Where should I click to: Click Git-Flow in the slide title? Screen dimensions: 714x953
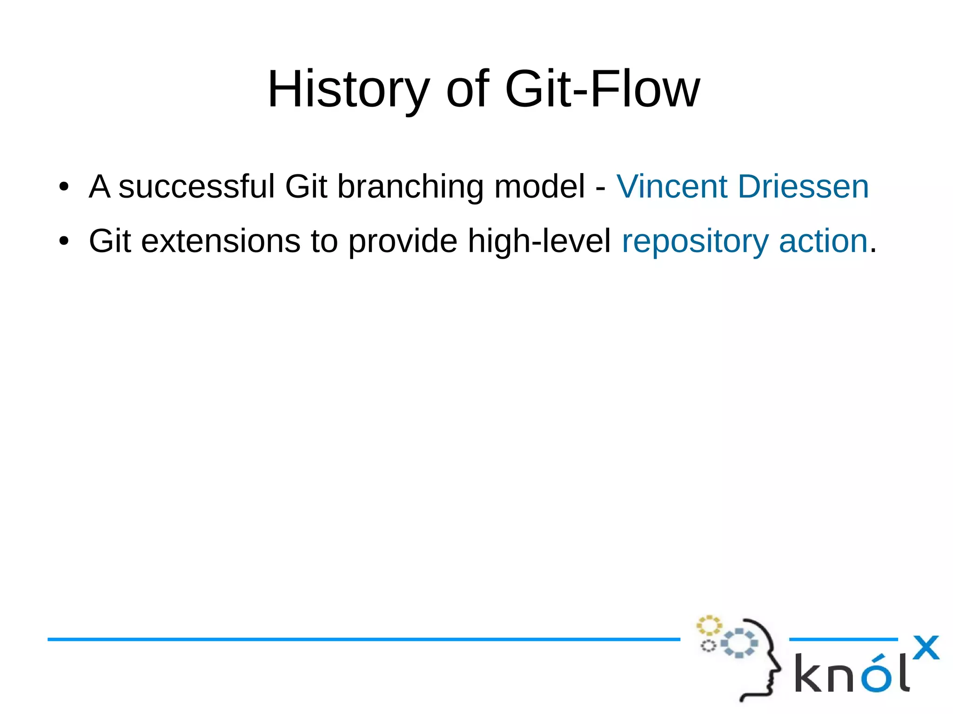click(602, 89)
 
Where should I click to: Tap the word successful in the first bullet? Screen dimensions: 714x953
click(196, 187)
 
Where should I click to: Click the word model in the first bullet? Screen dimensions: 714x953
click(539, 187)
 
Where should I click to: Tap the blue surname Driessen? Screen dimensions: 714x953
click(803, 187)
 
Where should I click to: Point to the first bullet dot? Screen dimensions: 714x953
click(64, 187)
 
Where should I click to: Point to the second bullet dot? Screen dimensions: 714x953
click(64, 241)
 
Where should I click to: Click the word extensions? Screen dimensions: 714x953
click(221, 241)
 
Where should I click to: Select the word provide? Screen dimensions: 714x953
click(403, 241)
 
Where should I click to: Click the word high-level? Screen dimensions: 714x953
click(539, 241)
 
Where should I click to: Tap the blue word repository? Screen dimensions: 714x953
click(695, 241)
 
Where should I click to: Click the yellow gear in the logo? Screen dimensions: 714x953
click(709, 625)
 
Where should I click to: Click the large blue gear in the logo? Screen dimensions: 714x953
click(739, 644)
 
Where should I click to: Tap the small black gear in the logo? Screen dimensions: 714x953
click(708, 646)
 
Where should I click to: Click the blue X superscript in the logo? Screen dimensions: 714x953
click(926, 647)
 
